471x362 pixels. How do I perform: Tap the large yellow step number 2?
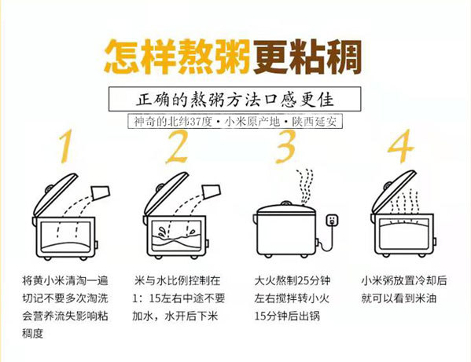pos(177,146)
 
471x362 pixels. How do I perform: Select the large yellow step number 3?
pos(285,146)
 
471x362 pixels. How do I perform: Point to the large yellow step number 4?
pos(401,146)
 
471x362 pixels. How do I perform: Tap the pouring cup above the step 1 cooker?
pos(101,193)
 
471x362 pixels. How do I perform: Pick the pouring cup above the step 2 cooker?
pos(212,192)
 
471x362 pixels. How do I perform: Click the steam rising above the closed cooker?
pos(305,187)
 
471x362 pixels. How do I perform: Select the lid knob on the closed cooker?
pos(286,203)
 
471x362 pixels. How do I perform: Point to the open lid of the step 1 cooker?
pos(55,193)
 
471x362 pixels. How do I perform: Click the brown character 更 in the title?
pos(270,57)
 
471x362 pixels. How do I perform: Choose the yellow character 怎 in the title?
pos(122,57)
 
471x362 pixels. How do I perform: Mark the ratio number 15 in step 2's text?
pos(155,298)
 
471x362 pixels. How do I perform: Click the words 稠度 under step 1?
pos(33,334)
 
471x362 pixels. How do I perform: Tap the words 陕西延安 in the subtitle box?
pos(315,122)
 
